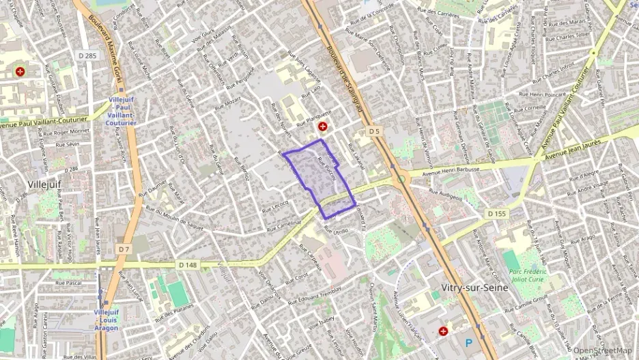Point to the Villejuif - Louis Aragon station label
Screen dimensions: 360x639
click(106, 320)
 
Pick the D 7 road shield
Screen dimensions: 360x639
click(123, 249)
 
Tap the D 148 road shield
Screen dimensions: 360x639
click(188, 264)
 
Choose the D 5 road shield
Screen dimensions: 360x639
click(373, 131)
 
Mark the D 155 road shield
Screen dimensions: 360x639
click(498, 214)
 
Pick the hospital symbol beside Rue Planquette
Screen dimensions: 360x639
click(322, 126)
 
